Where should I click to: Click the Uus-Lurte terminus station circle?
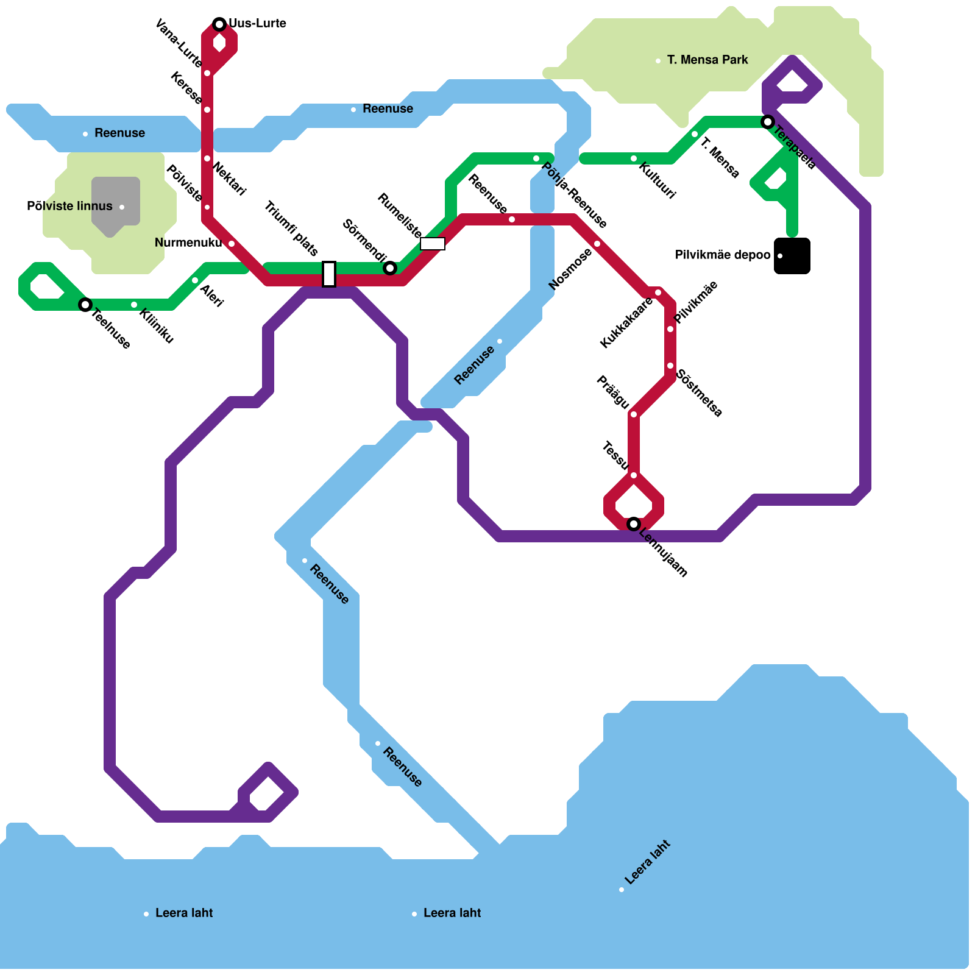(x=219, y=24)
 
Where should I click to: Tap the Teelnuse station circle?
(x=85, y=304)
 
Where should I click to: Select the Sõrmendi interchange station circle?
(x=390, y=268)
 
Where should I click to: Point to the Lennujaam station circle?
(x=634, y=524)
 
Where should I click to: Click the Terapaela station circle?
(x=768, y=122)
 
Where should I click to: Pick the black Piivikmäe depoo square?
(x=792, y=256)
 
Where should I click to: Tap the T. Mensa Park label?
(x=707, y=60)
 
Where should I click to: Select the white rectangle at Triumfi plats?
(x=329, y=274)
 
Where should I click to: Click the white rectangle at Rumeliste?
(x=433, y=244)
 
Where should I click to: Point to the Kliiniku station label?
(x=157, y=326)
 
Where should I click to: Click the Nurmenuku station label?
(x=188, y=243)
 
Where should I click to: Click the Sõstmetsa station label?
(x=700, y=393)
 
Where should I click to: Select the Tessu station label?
(x=614, y=455)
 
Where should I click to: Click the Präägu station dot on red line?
(x=634, y=414)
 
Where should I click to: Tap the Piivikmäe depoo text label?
(x=722, y=255)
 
